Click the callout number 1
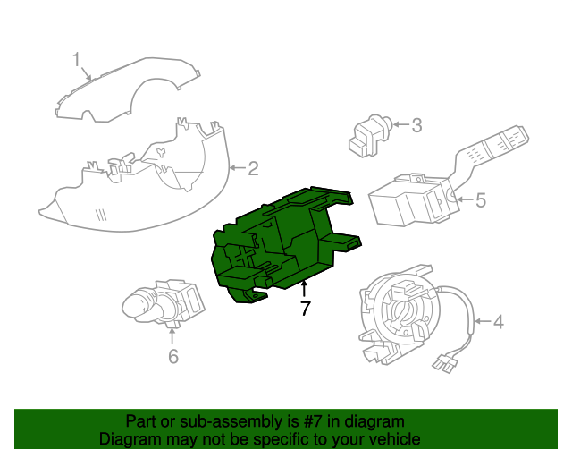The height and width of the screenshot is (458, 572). pyautogui.click(x=76, y=59)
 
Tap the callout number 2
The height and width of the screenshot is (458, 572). pyautogui.click(x=253, y=168)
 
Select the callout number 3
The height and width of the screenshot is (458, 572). pyautogui.click(x=416, y=125)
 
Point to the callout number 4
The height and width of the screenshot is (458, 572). pyautogui.click(x=499, y=322)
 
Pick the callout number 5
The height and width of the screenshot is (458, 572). pyautogui.click(x=481, y=199)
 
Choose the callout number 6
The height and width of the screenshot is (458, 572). pyautogui.click(x=173, y=356)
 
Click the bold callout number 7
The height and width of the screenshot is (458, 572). pyautogui.click(x=305, y=308)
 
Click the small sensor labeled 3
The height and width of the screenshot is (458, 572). pyautogui.click(x=368, y=136)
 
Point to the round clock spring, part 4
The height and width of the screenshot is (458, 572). pyautogui.click(x=400, y=314)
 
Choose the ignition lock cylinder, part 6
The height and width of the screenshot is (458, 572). pyautogui.click(x=163, y=304)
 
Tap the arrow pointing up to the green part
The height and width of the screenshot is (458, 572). pyautogui.click(x=304, y=289)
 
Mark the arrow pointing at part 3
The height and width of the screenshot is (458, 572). pyautogui.click(x=401, y=124)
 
